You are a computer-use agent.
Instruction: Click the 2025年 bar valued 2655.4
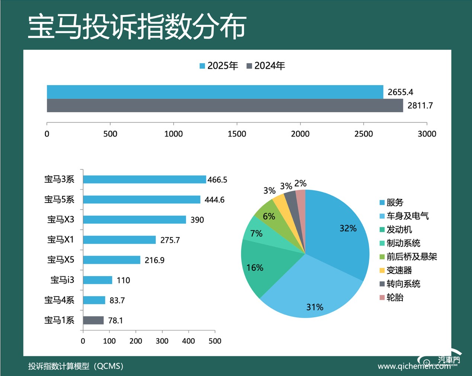[215, 92]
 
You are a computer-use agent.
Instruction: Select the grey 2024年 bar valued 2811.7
[225, 106]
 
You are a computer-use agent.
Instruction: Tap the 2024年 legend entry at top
[266, 66]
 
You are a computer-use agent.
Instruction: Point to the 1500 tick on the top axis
[237, 134]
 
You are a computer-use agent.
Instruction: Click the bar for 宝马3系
[144, 179]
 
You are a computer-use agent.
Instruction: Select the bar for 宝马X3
[134, 220]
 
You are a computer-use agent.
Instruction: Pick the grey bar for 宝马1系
[93, 320]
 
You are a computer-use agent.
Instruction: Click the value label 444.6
[215, 200]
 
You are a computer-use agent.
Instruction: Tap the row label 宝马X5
[61, 260]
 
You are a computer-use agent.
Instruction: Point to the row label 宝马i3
[62, 280]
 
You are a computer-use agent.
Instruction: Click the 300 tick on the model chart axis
[162, 341]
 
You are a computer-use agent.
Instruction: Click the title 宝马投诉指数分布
[137, 26]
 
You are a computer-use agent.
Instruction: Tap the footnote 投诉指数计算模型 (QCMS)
[76, 366]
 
